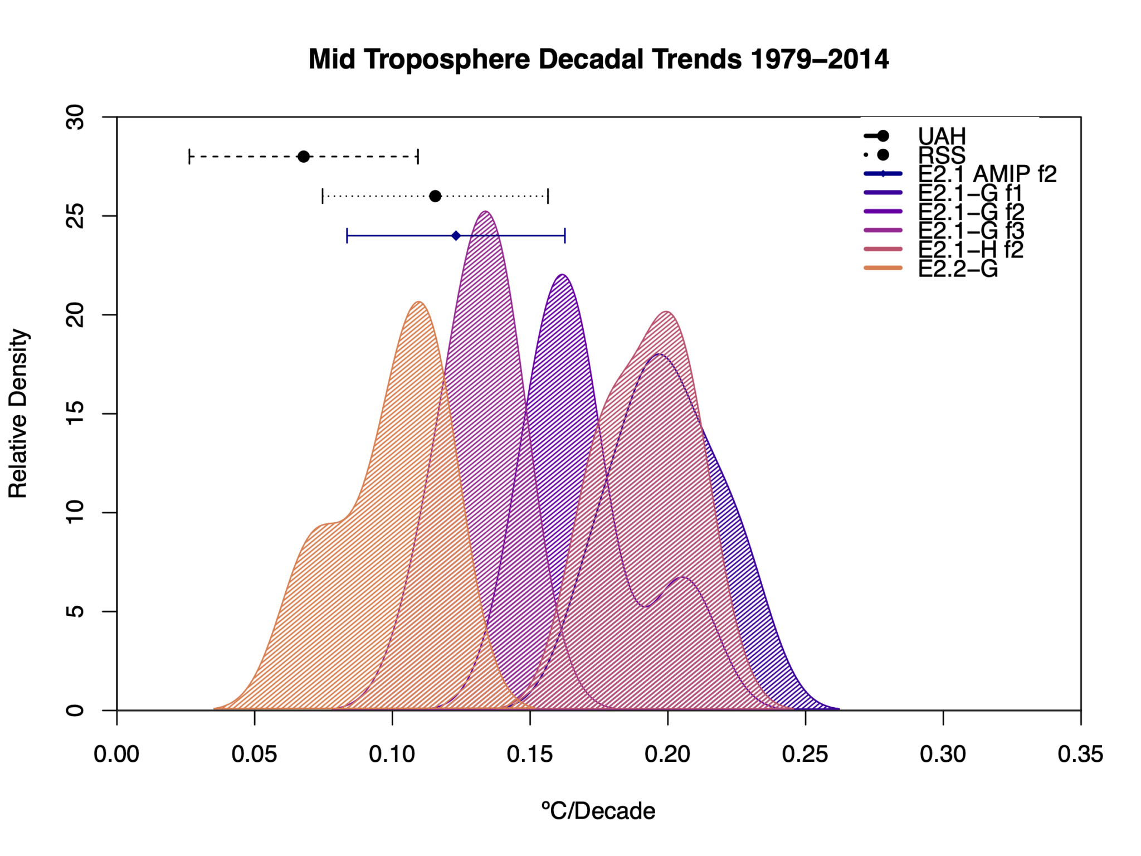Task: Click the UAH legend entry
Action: click(942, 136)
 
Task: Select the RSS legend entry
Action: click(942, 155)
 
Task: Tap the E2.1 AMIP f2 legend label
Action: click(987, 174)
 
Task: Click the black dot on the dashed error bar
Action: click(304, 157)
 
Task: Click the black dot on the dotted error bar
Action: click(436, 196)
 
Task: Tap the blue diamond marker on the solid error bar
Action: click(456, 236)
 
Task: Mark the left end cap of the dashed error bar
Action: click(189, 157)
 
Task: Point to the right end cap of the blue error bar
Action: click(565, 236)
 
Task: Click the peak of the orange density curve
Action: click(419, 302)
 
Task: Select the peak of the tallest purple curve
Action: click(486, 212)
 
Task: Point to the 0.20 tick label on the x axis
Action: click(667, 755)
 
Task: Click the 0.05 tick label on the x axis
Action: click(254, 755)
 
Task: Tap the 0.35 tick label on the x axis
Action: click(1080, 755)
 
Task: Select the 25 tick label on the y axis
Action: click(75, 216)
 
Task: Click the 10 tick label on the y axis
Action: click(75, 512)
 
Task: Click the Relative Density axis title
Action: click(18, 414)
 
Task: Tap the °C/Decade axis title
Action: click(598, 811)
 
